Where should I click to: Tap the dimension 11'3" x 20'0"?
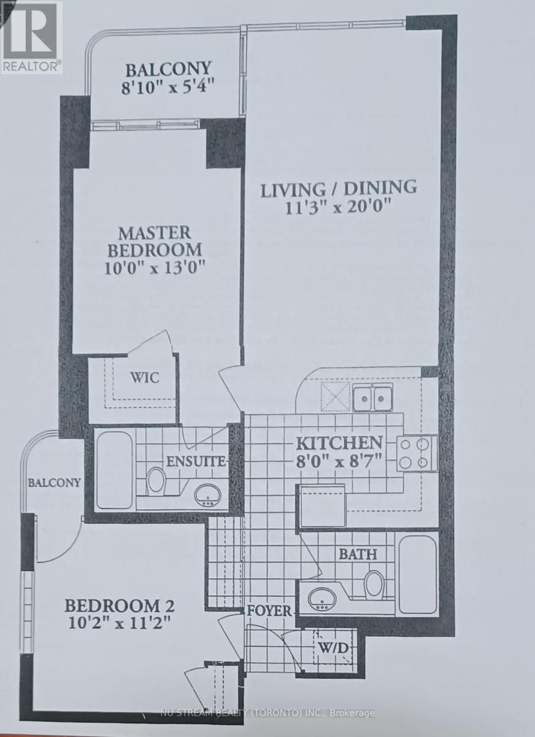pos(339,208)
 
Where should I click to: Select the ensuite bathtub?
pos(114,470)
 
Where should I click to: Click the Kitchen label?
pos(339,442)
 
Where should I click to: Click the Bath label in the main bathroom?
pos(358,554)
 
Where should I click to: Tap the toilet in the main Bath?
pos(374,584)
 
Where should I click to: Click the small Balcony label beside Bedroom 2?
pos(55,482)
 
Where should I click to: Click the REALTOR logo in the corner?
pos(31,37)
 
